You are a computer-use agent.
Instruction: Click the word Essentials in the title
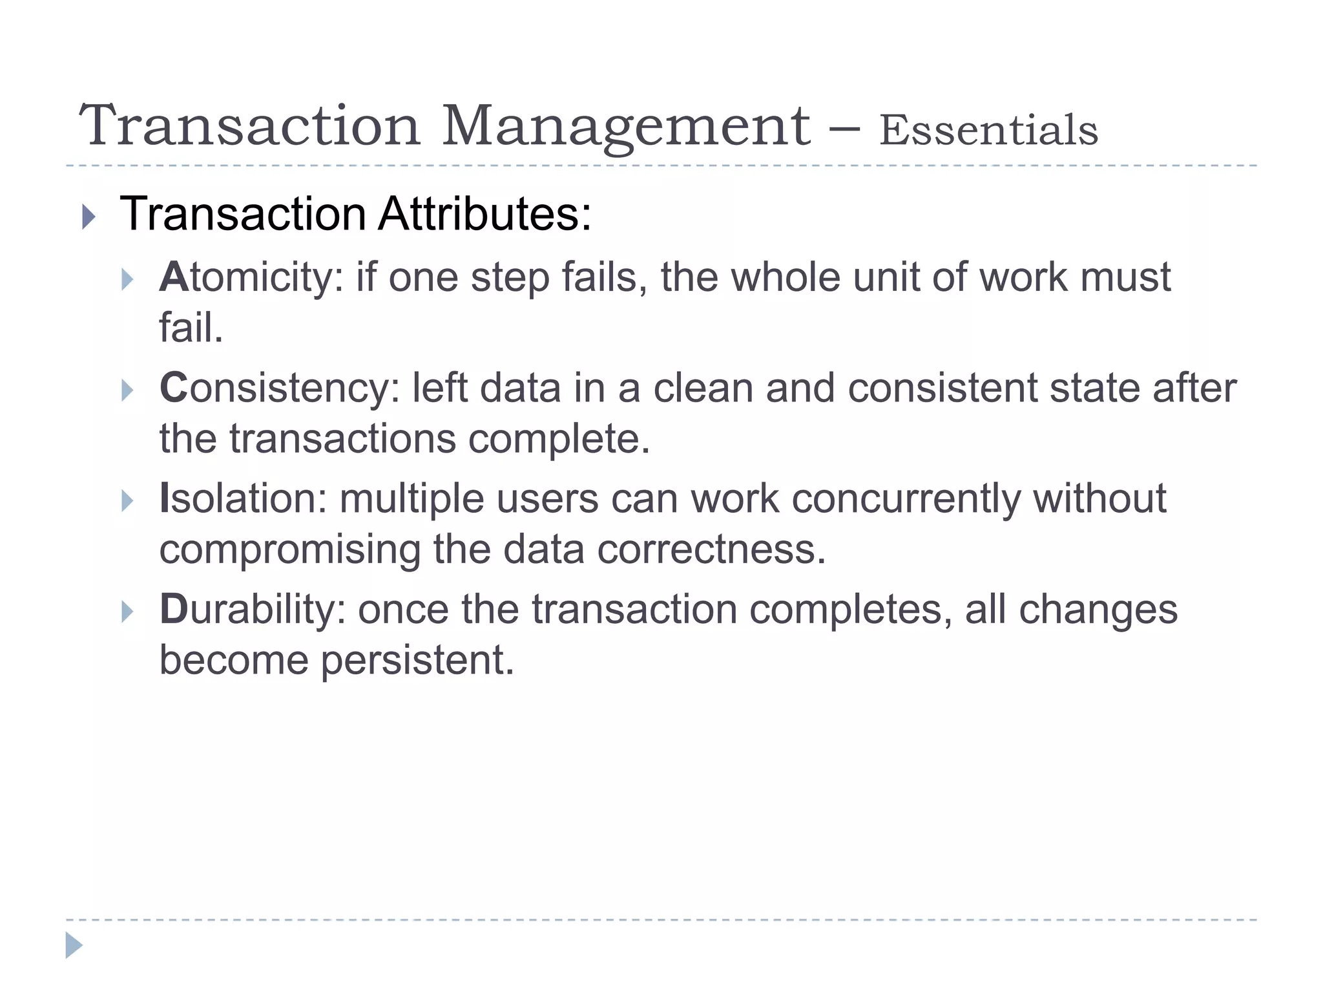coord(988,131)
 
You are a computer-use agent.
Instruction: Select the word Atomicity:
coord(251,278)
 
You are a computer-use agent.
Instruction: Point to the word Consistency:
coord(280,389)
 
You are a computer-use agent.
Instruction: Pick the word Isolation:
coord(244,498)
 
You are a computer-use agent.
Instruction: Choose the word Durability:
coord(253,610)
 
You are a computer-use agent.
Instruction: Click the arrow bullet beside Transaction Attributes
coord(89,217)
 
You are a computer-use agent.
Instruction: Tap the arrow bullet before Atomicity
coord(127,280)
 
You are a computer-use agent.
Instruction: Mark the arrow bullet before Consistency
coord(127,390)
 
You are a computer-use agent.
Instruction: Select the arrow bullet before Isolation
coord(127,501)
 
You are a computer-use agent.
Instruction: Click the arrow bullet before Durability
coord(127,612)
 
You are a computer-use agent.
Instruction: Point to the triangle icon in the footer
coord(74,945)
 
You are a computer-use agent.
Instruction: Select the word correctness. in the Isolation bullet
coord(711,550)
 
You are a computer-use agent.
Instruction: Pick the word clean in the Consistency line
coord(703,389)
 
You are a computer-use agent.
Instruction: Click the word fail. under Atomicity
coord(191,328)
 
